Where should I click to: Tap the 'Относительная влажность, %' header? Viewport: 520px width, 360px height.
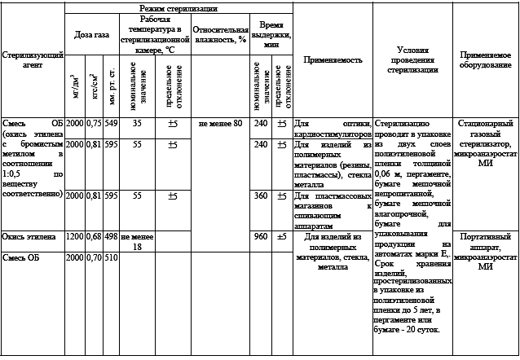tap(219, 33)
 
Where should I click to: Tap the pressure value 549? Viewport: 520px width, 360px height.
tap(112, 123)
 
